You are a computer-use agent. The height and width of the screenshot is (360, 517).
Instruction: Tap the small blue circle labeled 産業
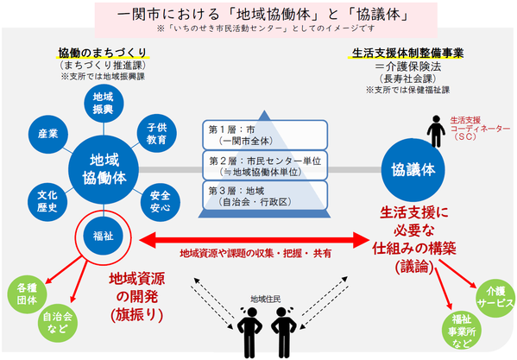[x=49, y=134]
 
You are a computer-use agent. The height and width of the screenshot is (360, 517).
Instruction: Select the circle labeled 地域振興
[x=102, y=104]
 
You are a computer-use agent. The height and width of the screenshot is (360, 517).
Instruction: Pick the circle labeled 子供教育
[x=156, y=132]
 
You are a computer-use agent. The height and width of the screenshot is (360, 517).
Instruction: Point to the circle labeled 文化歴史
[x=47, y=198]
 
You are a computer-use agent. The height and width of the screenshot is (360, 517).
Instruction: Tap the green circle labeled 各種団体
[x=28, y=291]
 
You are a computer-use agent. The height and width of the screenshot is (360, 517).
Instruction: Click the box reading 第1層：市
[x=264, y=134]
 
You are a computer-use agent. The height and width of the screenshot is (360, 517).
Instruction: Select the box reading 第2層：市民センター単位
[x=264, y=166]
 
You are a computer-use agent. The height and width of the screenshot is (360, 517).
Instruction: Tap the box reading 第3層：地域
[x=264, y=197]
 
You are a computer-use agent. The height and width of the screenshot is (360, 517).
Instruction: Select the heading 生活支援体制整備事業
[x=408, y=53]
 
